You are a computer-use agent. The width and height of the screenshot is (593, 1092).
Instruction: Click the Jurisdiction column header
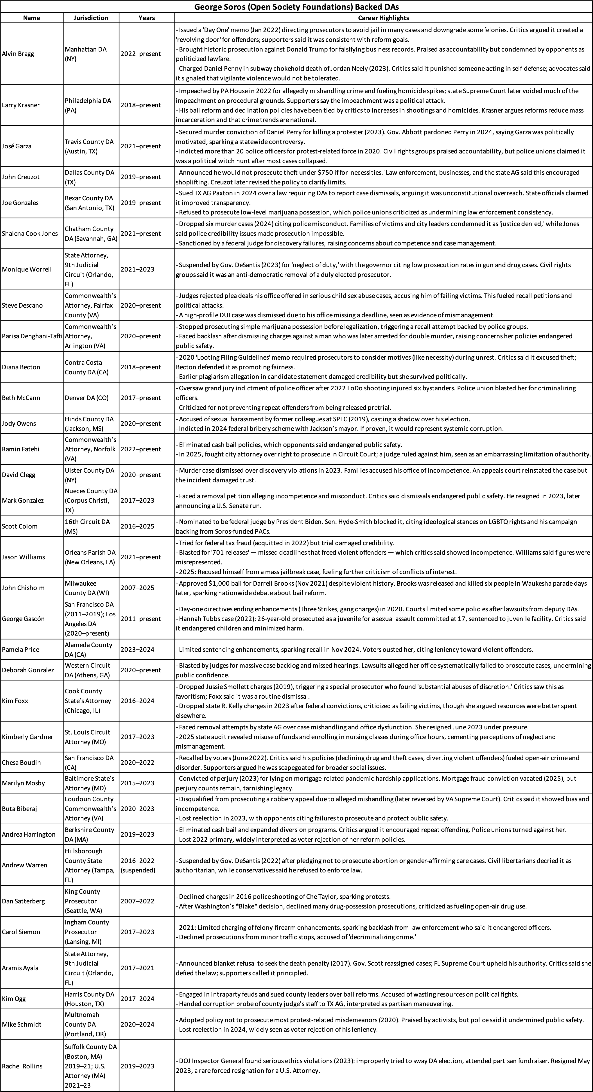(x=91, y=18)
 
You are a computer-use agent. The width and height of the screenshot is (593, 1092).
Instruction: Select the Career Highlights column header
(x=383, y=18)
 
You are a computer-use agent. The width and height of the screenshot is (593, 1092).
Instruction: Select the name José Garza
(x=17, y=146)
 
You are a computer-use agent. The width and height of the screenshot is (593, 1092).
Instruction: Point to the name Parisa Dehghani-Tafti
(x=32, y=336)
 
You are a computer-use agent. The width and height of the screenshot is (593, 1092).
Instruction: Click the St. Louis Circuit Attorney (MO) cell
(x=87, y=737)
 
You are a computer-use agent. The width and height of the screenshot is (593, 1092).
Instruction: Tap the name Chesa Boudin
(x=21, y=762)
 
